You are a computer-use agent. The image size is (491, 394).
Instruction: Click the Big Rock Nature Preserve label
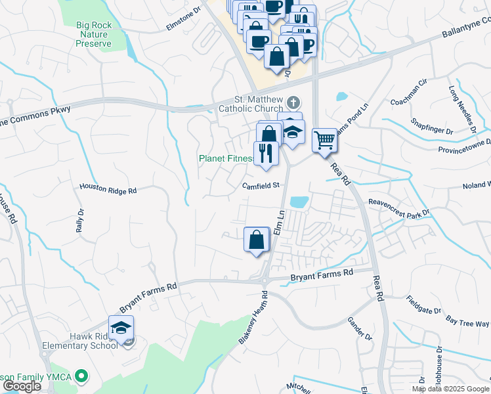94,34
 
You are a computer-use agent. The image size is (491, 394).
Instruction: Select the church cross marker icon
293,102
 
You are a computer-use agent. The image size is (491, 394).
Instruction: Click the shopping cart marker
324,140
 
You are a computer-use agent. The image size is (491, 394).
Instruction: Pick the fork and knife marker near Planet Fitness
267,153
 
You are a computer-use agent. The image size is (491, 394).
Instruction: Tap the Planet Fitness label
226,158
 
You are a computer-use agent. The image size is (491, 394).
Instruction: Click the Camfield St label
261,186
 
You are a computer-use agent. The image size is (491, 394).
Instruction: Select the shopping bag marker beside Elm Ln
257,240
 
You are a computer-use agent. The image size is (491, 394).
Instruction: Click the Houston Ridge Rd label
108,188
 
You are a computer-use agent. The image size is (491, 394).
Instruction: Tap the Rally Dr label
80,221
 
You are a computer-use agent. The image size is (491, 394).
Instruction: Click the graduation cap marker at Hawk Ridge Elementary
121,328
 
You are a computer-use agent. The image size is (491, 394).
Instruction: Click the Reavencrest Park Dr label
398,208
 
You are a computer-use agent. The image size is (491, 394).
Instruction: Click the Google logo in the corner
22,386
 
